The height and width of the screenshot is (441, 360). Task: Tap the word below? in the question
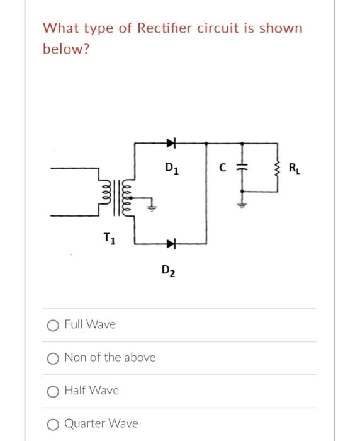(x=66, y=49)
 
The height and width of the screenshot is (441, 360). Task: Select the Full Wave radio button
(x=53, y=325)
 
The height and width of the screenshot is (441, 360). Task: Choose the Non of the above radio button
(x=53, y=358)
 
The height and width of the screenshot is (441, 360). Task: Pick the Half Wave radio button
(x=53, y=391)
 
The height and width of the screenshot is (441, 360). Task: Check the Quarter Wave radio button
(x=53, y=423)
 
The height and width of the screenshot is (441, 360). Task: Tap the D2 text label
(x=168, y=272)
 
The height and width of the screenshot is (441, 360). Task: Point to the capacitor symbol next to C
(x=240, y=168)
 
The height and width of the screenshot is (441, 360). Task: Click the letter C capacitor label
(x=223, y=168)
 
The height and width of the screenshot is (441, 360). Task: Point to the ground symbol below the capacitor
(x=240, y=203)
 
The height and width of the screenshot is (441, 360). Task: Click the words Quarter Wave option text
(x=101, y=423)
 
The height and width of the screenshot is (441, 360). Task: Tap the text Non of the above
(x=110, y=358)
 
